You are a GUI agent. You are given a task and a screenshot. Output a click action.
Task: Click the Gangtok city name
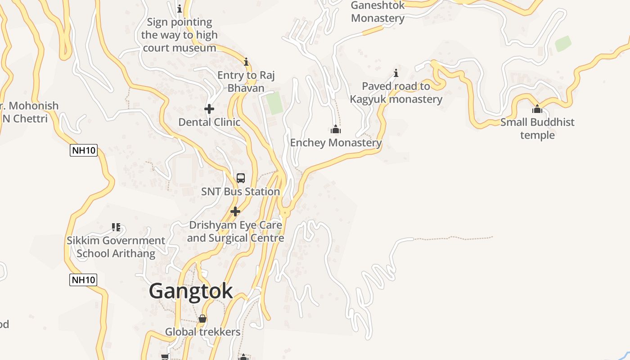point(191,291)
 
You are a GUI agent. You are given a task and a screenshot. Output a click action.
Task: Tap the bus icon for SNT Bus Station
point(241,178)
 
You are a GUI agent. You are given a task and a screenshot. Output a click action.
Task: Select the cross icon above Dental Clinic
point(209,109)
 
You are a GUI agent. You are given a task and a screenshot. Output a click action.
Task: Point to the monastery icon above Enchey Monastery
point(336,130)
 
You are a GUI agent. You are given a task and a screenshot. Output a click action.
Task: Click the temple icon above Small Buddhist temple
point(537,109)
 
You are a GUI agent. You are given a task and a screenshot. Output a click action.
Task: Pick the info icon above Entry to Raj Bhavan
point(246,62)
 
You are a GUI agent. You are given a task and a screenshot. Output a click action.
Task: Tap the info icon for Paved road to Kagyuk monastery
point(396,73)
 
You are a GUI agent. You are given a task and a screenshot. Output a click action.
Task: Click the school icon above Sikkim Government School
point(116,227)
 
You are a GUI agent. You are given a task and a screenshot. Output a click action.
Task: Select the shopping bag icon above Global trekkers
point(202,319)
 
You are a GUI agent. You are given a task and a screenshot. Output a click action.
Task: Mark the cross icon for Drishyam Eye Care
point(235,211)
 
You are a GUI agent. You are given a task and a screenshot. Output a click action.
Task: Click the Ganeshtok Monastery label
point(378,12)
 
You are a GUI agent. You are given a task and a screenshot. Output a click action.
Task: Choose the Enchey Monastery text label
point(336,143)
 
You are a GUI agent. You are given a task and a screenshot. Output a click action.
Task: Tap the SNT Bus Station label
point(240,192)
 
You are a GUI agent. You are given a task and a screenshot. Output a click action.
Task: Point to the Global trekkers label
point(202,332)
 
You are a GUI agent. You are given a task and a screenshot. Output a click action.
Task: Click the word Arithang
point(133,253)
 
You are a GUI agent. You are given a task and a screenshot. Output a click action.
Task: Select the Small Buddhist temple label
point(537,129)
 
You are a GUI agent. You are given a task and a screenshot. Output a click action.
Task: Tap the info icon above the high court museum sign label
point(180,9)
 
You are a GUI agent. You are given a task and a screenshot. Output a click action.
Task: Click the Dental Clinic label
point(209,122)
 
